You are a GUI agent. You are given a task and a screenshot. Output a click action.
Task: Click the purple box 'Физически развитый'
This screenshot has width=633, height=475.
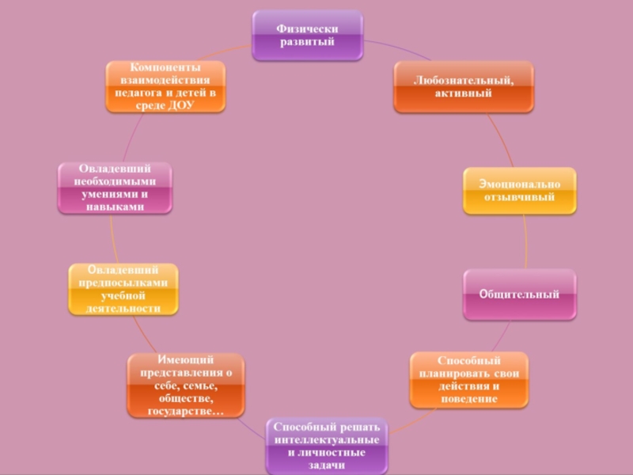[307, 36]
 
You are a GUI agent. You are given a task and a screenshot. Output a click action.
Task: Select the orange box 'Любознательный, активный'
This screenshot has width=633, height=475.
[464, 87]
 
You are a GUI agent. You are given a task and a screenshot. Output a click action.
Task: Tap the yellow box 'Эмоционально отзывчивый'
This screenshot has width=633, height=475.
[519, 191]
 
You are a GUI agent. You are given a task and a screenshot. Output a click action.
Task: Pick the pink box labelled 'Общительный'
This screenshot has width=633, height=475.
[519, 294]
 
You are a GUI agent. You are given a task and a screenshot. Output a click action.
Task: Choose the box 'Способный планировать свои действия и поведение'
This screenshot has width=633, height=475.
[468, 380]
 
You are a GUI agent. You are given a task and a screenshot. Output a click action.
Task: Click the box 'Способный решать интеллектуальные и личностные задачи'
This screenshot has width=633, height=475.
[327, 446]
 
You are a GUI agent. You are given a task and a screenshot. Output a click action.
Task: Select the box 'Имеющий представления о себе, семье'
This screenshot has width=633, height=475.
[186, 386]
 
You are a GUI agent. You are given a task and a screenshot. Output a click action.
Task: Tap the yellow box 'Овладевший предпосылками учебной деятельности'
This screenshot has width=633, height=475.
[123, 289]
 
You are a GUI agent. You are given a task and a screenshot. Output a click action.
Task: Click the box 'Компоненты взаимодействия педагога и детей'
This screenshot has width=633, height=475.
[165, 86]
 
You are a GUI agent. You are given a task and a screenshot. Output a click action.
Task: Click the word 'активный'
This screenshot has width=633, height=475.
[464, 94]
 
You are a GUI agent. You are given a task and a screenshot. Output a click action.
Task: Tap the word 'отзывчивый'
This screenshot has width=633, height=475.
[519, 198]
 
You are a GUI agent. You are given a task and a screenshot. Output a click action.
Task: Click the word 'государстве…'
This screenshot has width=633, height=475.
[186, 412]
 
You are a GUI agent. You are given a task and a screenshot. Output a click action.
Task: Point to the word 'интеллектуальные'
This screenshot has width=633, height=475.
[327, 439]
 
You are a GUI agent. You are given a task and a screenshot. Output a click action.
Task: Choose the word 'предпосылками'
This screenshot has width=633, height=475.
[123, 283]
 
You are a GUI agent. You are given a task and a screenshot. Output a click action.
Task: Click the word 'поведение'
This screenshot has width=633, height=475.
[468, 399]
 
